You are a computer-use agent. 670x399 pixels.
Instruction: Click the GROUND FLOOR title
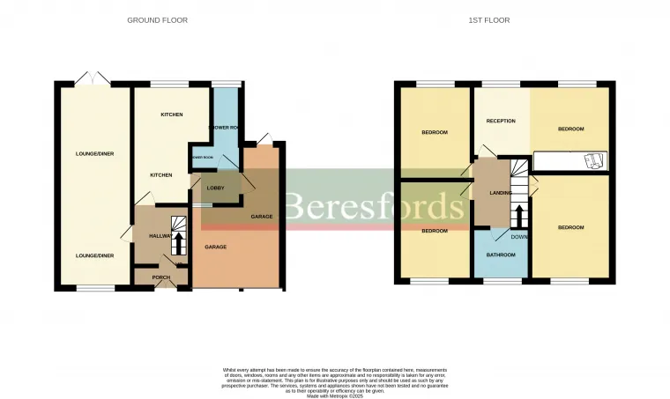point(158,19)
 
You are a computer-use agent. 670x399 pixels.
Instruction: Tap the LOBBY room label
point(214,188)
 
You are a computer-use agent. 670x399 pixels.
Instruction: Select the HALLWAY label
point(160,236)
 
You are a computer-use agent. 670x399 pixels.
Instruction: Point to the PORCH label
point(161,277)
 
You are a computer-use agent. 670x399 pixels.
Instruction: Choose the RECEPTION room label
point(501,121)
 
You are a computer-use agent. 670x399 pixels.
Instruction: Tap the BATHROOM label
point(501,255)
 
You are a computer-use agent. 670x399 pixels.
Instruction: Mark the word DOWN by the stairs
point(520,236)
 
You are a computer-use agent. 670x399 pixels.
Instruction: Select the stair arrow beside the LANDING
point(519,214)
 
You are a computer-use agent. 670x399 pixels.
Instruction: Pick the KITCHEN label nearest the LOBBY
point(160,175)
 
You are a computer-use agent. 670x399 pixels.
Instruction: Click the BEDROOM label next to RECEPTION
point(571,129)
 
